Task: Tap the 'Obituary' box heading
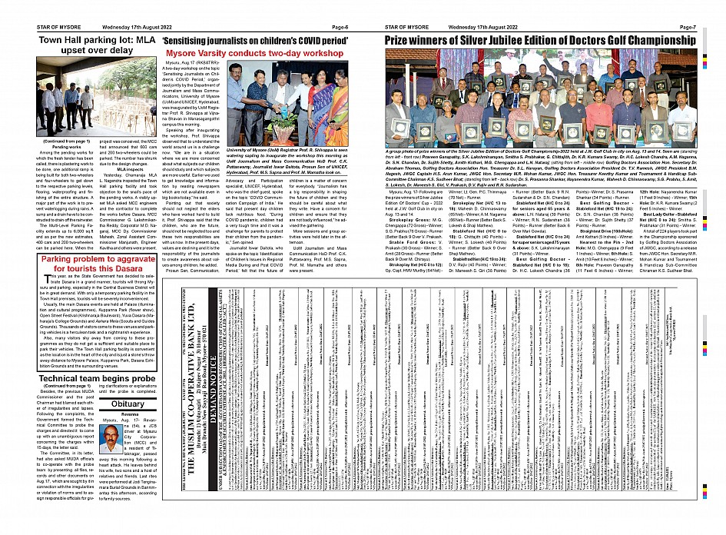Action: point(128,403)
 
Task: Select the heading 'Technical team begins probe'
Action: point(92,380)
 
